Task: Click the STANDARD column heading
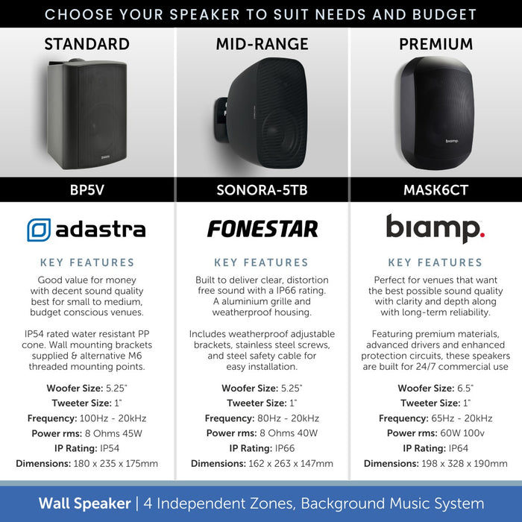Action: tap(87, 44)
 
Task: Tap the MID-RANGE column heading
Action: tap(261, 44)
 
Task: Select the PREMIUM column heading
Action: tap(435, 44)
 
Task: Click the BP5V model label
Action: tap(87, 190)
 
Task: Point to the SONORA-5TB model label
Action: tap(261, 190)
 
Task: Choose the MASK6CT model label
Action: tap(435, 190)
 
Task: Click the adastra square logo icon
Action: tap(39, 230)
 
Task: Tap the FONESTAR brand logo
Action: tap(262, 229)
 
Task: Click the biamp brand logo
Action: tap(435, 227)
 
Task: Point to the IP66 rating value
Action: tap(286, 448)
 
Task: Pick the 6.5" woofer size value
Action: tap(465, 389)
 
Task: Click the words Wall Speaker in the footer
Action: tap(84, 503)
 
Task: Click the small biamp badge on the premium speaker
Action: tap(452, 139)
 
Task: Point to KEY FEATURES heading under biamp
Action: tap(435, 262)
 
